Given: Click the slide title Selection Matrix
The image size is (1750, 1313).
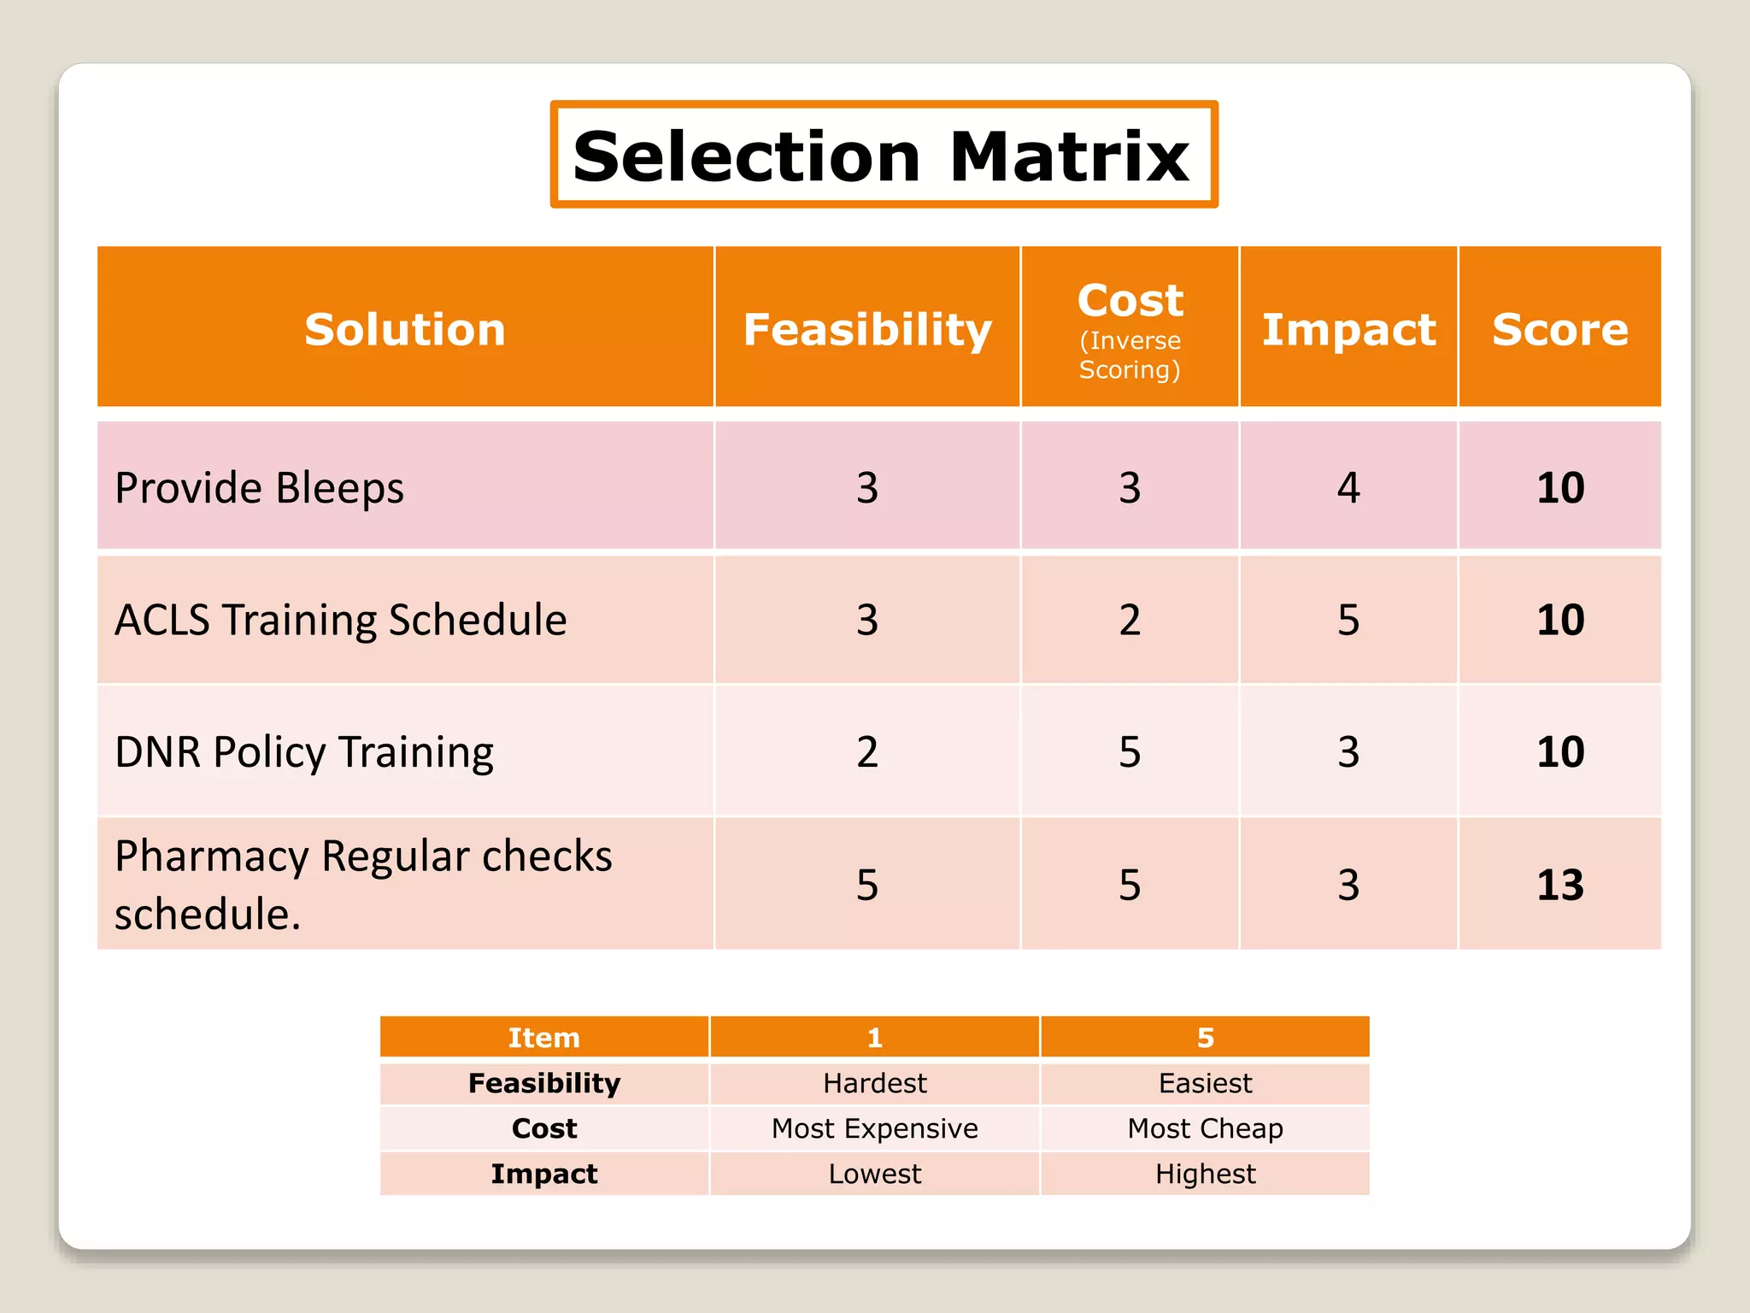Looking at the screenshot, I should (883, 156).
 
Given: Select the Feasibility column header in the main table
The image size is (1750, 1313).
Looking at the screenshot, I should (867, 329).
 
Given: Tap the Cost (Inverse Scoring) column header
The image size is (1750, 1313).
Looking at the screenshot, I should (1130, 329).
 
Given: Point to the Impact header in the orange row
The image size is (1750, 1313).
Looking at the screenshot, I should (1348, 329).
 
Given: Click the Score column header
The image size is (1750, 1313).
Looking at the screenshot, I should (1559, 329).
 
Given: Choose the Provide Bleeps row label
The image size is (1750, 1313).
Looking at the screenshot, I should (259, 488).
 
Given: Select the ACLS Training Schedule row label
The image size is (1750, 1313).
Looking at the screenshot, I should (340, 620).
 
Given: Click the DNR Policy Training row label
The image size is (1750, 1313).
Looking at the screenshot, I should (303, 752).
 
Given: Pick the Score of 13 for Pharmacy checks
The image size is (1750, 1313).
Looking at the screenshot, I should (1559, 885).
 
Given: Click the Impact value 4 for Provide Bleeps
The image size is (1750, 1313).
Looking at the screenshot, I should (1348, 488).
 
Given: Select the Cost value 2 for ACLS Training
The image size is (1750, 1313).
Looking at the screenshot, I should (1130, 620).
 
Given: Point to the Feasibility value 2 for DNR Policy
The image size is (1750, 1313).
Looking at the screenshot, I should (867, 752).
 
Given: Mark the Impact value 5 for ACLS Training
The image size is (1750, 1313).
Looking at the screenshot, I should (1348, 620).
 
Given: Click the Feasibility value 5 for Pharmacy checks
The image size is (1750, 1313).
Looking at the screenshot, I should (867, 885).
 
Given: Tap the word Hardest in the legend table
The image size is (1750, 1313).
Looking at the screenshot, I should (874, 1083).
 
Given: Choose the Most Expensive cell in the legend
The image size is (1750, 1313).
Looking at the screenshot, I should (874, 1128).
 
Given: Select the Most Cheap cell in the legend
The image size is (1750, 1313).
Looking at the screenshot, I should (1205, 1128).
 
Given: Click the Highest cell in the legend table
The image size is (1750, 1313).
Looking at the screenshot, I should (1205, 1174).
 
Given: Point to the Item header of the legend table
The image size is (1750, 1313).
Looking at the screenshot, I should (543, 1038).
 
